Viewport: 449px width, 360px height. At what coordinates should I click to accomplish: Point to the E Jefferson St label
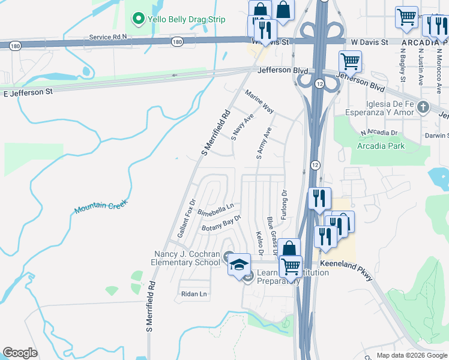click(28, 93)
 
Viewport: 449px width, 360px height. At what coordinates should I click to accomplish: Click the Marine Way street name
click(259, 101)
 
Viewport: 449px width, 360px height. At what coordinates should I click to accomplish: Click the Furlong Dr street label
click(284, 204)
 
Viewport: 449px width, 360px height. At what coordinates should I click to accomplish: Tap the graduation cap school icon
click(239, 264)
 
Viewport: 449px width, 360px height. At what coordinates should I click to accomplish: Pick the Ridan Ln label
click(194, 294)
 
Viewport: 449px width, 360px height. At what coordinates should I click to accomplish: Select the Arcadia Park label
click(381, 146)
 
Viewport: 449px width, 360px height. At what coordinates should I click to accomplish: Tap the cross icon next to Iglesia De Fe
click(423, 107)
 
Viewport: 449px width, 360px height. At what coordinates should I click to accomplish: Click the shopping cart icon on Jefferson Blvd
click(350, 61)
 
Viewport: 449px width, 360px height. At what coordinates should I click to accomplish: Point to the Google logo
click(20, 353)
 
